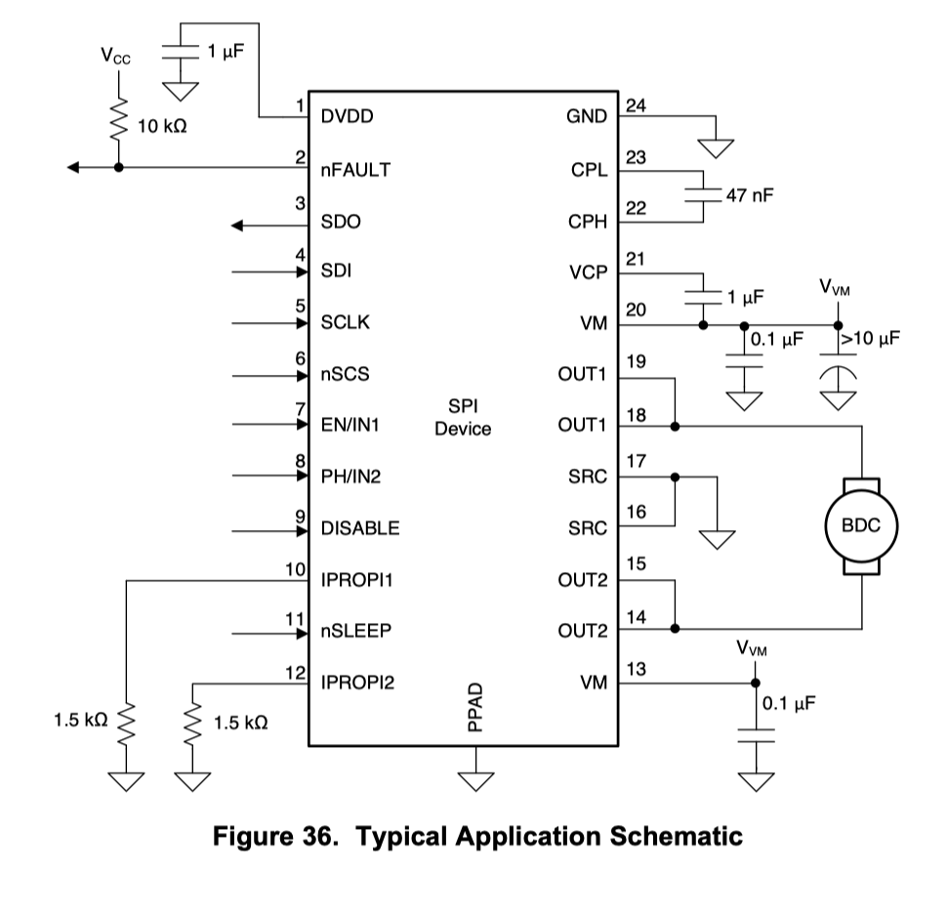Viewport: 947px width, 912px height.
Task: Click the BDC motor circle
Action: point(861,525)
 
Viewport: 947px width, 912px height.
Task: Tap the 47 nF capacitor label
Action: point(749,196)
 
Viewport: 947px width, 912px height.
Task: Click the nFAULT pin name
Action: point(355,170)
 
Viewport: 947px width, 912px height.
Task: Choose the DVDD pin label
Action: point(347,117)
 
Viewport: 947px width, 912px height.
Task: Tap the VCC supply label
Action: point(115,56)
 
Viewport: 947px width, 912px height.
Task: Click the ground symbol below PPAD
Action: point(474,781)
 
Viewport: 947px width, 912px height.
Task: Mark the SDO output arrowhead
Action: point(238,227)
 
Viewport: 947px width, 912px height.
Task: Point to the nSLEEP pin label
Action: point(355,631)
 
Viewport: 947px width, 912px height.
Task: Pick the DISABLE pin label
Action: point(359,528)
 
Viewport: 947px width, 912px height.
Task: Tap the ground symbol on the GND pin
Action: point(716,147)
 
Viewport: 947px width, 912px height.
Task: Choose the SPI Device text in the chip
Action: point(463,417)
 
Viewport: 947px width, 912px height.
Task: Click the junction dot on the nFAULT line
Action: point(119,167)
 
